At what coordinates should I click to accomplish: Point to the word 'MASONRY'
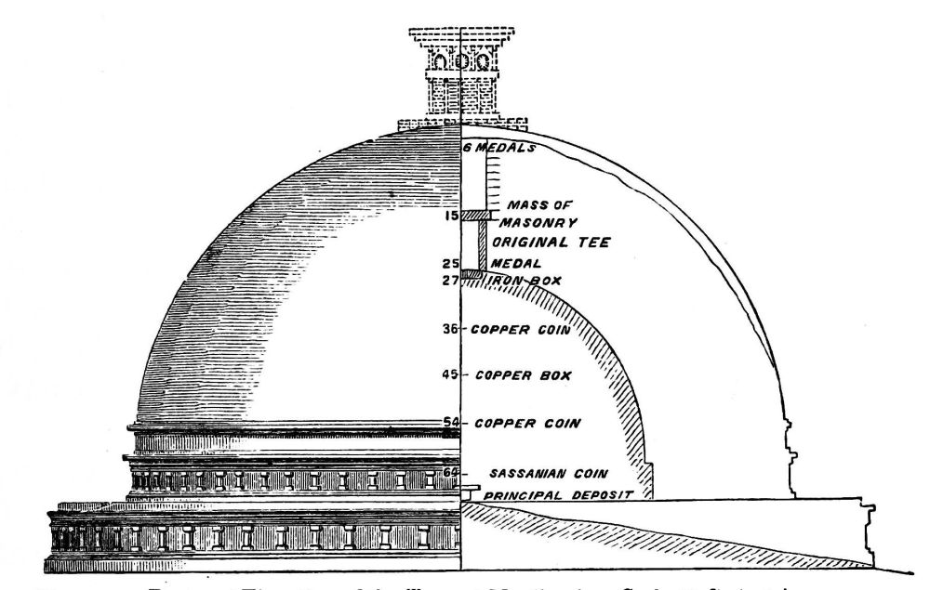click(538, 223)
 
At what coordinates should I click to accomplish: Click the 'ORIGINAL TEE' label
click(551, 243)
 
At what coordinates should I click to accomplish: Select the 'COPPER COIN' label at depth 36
click(520, 329)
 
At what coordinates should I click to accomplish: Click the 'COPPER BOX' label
click(522, 376)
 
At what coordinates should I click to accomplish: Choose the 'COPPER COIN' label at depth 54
click(527, 424)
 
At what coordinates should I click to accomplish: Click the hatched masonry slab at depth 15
click(477, 216)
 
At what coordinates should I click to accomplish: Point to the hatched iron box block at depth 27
click(473, 273)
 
